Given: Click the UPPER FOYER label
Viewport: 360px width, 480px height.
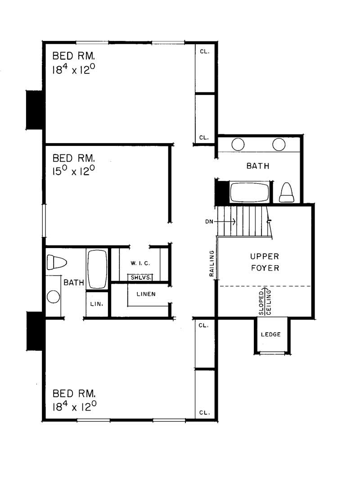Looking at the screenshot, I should (x=265, y=262).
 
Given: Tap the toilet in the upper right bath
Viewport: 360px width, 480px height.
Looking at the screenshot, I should (x=287, y=193).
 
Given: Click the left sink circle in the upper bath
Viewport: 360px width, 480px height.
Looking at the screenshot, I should (x=238, y=144).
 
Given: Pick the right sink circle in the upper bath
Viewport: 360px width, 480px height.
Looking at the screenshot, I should (x=279, y=144).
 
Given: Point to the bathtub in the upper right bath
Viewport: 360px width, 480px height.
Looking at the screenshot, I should (x=250, y=193).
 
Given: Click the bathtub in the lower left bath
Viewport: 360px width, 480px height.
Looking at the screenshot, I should (x=97, y=269).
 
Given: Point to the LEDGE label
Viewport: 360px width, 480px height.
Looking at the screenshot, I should (x=271, y=335).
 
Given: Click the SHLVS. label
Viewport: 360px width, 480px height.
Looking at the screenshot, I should (x=140, y=277).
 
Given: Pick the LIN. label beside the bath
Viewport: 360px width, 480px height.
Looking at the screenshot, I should (x=97, y=304).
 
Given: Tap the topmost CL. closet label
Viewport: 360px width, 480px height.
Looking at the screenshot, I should (x=204, y=51).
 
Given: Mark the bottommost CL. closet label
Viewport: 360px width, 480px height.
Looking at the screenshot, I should (x=204, y=412).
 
